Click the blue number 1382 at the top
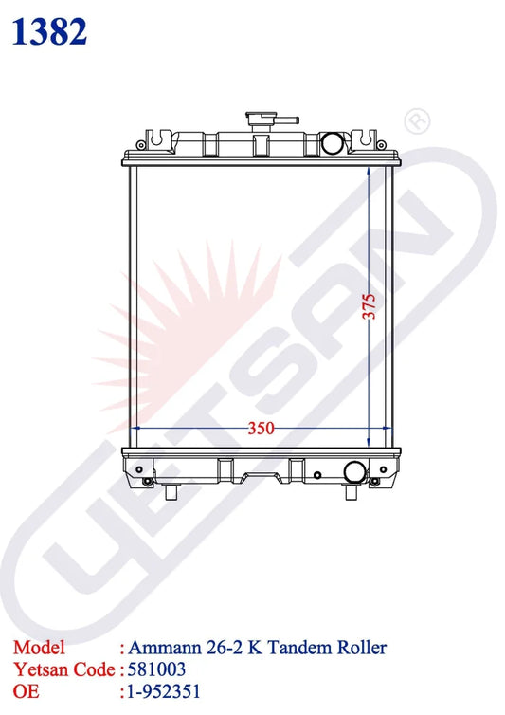[49, 31]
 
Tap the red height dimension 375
[370, 306]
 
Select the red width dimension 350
[261, 429]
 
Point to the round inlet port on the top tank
[332, 143]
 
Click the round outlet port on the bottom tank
[354, 472]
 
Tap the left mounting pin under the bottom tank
[171, 492]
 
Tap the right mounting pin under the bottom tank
[351, 492]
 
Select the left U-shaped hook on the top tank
[156, 137]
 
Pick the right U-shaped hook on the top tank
[366, 137]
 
